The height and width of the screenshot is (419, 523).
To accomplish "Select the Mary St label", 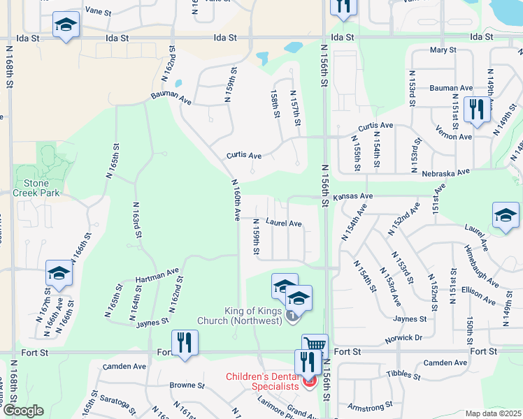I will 443,50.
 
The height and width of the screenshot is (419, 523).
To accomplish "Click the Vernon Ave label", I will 453,136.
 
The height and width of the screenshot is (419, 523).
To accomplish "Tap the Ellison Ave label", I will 478,294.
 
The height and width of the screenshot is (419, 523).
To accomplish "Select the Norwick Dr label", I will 403,339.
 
